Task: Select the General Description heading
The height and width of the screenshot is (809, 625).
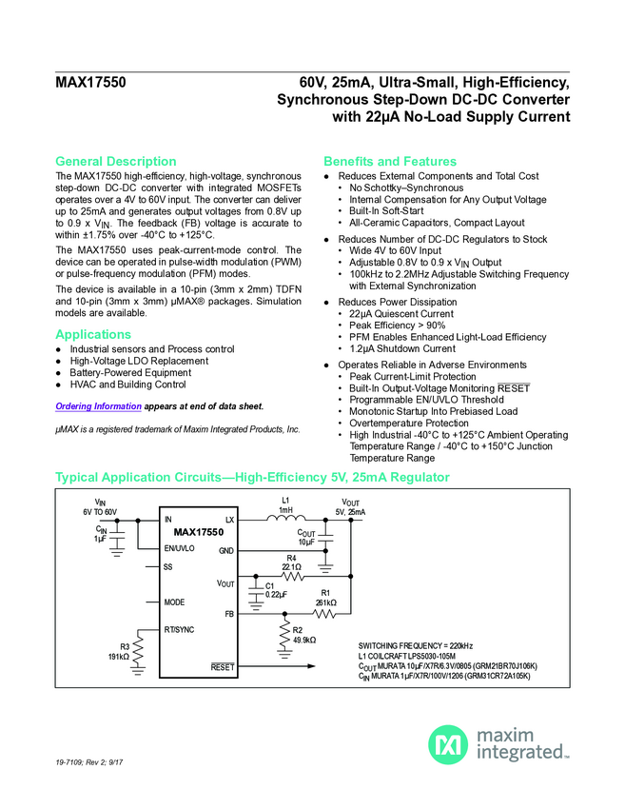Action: coord(116,161)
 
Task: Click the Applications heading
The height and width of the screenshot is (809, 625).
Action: coord(93,334)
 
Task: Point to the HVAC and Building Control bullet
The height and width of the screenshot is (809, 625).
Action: coord(127,385)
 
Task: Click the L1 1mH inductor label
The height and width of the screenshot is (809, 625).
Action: coord(285,504)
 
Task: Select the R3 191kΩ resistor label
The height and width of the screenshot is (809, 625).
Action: coord(119,652)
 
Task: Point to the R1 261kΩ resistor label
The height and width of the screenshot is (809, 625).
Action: coord(325,598)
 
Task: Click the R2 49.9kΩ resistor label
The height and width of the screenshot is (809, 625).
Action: coord(303,635)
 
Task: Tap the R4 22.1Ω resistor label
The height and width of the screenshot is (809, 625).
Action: coord(292,562)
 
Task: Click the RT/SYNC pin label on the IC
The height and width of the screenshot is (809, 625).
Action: coord(180,629)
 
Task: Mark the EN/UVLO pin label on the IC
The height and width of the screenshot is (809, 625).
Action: coord(179,549)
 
